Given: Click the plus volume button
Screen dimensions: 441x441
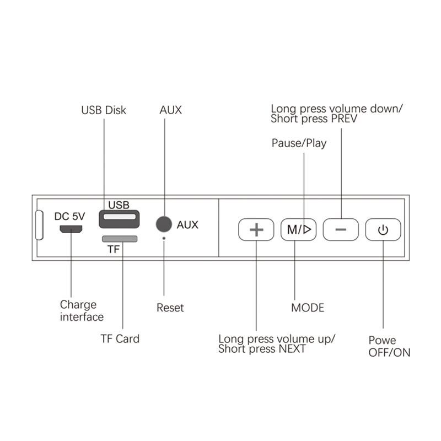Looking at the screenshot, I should click(x=256, y=229).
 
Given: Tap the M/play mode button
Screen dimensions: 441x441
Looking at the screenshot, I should click(x=298, y=229).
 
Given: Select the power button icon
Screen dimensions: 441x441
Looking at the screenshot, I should click(x=383, y=229).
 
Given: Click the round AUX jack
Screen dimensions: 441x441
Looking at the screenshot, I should click(x=164, y=224).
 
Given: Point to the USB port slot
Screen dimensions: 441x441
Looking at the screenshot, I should click(x=119, y=219).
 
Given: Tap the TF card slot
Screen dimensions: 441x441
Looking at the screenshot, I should click(x=120, y=239).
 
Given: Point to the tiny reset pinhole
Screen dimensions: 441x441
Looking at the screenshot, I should click(x=164, y=238).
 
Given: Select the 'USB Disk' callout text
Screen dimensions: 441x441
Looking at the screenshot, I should click(x=104, y=110).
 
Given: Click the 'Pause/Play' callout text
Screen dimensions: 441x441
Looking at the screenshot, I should click(x=299, y=143).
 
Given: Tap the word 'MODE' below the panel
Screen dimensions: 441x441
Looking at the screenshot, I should click(x=308, y=308).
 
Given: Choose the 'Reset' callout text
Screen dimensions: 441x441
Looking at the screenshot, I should click(x=170, y=308).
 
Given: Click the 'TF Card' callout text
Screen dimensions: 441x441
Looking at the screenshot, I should click(x=120, y=338).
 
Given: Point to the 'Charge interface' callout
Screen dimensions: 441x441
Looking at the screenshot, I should click(x=82, y=311).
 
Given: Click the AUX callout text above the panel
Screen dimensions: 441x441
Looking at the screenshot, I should click(x=170, y=110).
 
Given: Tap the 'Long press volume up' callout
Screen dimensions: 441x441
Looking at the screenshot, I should click(x=276, y=343).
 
